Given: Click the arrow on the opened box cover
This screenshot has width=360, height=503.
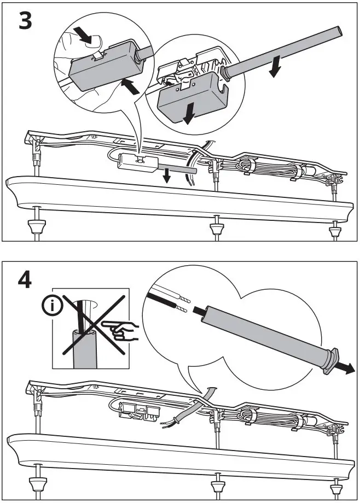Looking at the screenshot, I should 189,112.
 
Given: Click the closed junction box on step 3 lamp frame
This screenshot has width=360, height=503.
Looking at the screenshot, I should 138,162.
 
